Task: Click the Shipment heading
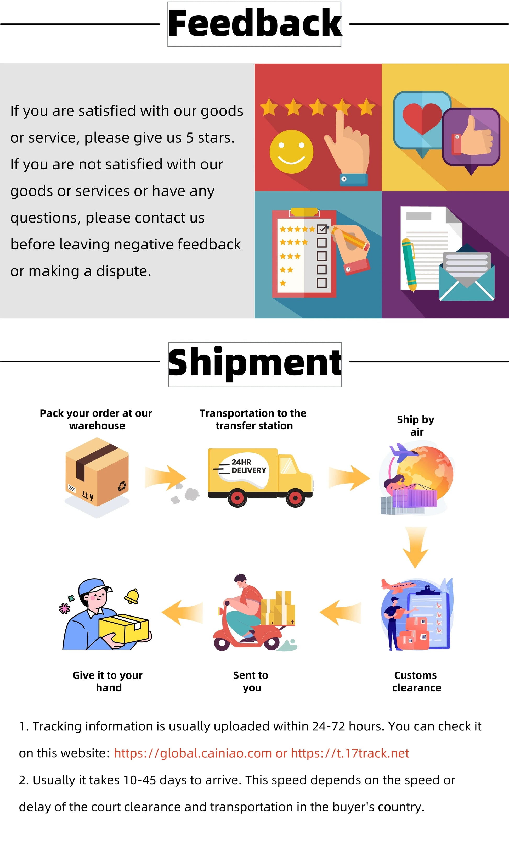pos(254,364)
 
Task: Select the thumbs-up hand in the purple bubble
pos(475,137)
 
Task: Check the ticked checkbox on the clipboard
pos(321,229)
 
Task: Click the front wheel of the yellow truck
pos(295,497)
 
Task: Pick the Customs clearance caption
pos(416,681)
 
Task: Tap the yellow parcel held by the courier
pos(124,628)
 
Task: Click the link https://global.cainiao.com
pos(193,753)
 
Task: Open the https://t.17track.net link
pos(350,753)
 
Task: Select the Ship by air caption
pos(416,426)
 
